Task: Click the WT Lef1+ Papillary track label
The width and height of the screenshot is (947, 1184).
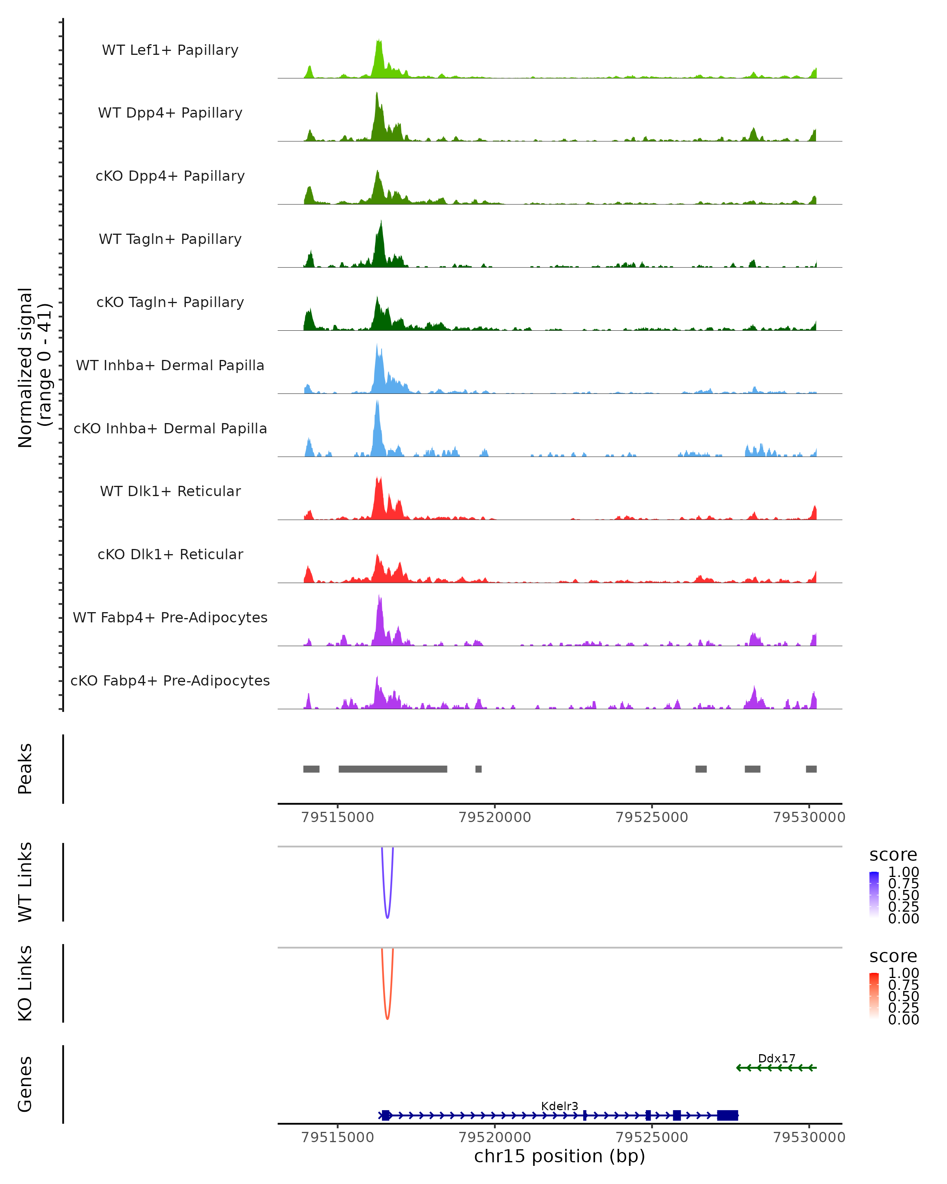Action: point(170,50)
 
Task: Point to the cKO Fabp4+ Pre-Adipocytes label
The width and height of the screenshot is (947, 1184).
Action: point(170,680)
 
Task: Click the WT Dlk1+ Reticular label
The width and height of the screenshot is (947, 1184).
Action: point(170,491)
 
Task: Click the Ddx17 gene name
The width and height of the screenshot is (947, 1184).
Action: point(776,1058)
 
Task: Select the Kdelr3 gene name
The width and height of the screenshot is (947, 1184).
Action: point(560,1106)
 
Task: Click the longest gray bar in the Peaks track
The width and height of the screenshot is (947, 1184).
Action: point(393,769)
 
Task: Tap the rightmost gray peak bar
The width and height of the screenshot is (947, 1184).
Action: point(811,769)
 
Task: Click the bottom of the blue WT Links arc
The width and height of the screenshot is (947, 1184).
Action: point(387,917)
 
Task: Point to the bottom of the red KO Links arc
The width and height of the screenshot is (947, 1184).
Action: point(387,1018)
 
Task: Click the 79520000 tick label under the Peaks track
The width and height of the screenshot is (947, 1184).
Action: point(495,817)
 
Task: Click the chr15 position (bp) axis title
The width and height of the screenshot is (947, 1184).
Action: point(560,1156)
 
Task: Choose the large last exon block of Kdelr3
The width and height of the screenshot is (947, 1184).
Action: point(727,1115)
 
